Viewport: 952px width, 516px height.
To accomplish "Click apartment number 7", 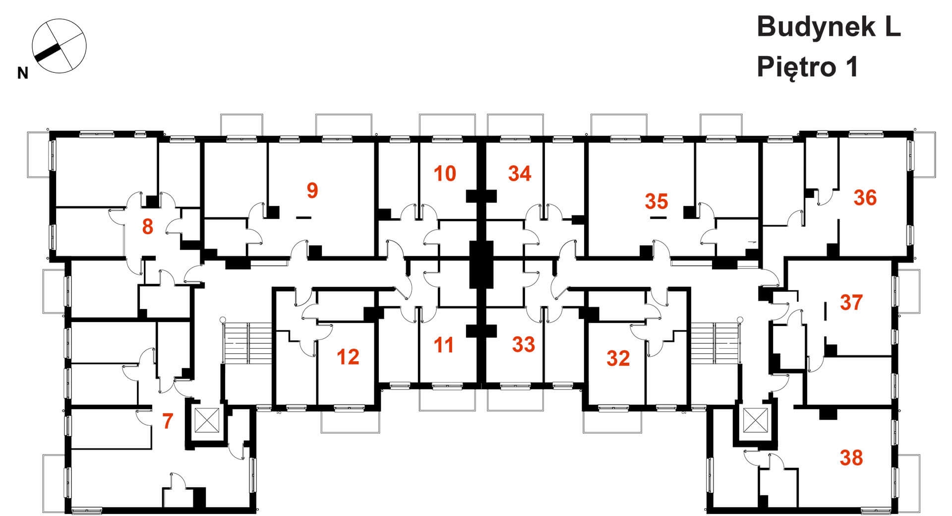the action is (x=168, y=422).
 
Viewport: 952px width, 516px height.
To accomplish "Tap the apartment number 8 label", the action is (x=147, y=227).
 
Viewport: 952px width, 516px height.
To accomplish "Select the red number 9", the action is (x=312, y=191).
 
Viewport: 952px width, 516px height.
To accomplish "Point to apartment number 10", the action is (x=445, y=174).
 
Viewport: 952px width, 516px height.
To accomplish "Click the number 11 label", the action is (x=443, y=345).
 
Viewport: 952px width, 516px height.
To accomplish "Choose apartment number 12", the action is (x=348, y=357).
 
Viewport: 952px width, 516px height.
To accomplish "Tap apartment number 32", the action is (x=618, y=358).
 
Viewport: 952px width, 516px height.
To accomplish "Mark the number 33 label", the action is (x=524, y=344).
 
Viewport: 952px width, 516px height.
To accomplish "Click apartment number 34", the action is (x=520, y=174).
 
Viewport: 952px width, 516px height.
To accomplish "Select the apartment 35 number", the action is (x=656, y=201).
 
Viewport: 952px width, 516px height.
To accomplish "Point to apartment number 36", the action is (x=865, y=197).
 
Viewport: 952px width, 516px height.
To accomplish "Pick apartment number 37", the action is (x=851, y=303).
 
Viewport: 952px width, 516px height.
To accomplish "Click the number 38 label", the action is (x=851, y=458).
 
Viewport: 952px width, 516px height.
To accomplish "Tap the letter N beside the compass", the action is (x=22, y=74).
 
